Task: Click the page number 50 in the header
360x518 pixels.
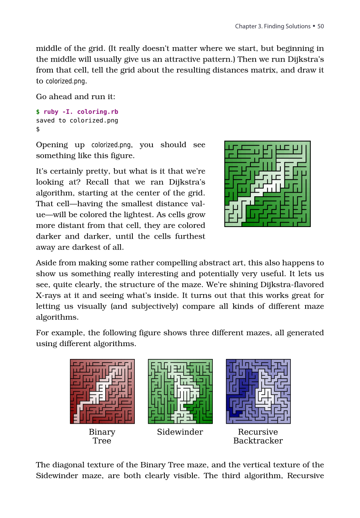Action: (x=320, y=26)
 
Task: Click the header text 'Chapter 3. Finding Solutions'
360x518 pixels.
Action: (x=272, y=26)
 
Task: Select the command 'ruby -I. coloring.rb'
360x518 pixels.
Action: (x=81, y=112)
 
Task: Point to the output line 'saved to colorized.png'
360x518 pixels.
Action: (x=77, y=120)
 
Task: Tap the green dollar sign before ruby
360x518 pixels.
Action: (x=38, y=112)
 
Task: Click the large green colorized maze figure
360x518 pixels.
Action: (x=267, y=184)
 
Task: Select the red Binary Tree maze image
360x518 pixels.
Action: (x=102, y=391)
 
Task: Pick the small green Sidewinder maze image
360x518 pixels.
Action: (x=180, y=391)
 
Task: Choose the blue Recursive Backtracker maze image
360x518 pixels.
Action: (x=258, y=391)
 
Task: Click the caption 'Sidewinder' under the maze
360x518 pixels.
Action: (x=180, y=432)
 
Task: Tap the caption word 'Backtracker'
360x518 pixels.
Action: (x=258, y=441)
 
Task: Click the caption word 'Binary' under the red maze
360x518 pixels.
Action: (x=102, y=432)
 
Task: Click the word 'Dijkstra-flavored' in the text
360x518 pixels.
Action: (x=292, y=285)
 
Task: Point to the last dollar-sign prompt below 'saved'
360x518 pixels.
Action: (x=38, y=129)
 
